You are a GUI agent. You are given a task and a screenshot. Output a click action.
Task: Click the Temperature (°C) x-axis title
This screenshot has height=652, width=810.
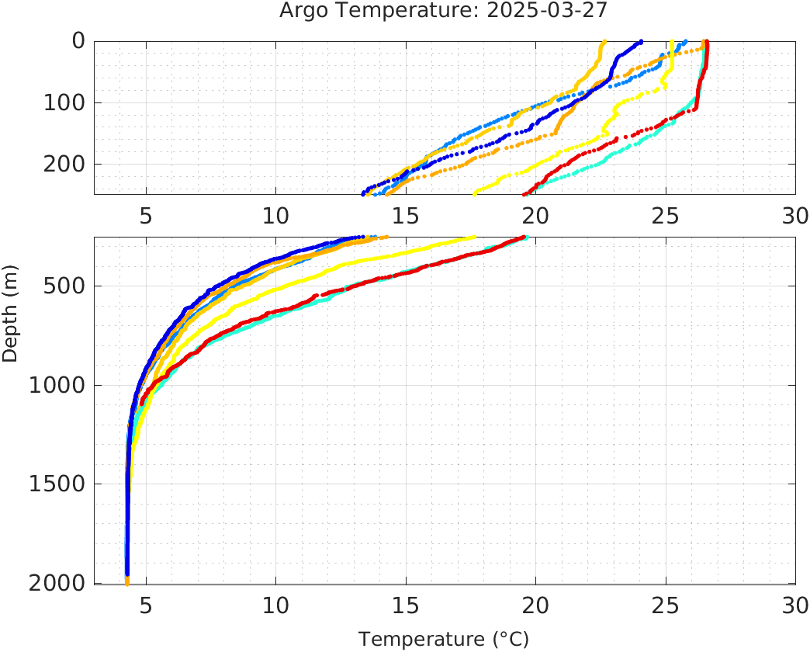pyautogui.click(x=444, y=639)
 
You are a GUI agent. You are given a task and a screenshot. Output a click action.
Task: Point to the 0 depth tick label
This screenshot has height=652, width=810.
pyautogui.click(x=78, y=41)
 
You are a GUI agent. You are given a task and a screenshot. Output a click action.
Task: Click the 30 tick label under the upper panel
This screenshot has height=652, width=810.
pyautogui.click(x=795, y=216)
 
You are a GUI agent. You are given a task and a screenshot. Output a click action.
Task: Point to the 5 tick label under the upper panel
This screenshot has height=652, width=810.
pyautogui.click(x=146, y=216)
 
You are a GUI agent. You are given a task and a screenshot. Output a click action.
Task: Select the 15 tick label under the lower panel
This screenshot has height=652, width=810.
pyautogui.click(x=406, y=605)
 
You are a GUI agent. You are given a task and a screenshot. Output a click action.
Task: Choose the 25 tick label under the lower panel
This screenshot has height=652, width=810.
pyautogui.click(x=666, y=605)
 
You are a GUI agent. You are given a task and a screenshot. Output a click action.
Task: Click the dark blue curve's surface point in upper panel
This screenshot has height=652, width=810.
pyautogui.click(x=640, y=42)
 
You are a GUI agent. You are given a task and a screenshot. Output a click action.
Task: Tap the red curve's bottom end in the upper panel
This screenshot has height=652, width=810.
pyautogui.click(x=525, y=193)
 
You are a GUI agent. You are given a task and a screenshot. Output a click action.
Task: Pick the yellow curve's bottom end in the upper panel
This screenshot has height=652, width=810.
pyautogui.click(x=475, y=192)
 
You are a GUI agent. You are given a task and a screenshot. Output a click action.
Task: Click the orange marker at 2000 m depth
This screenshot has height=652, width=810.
pyautogui.click(x=127, y=581)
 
